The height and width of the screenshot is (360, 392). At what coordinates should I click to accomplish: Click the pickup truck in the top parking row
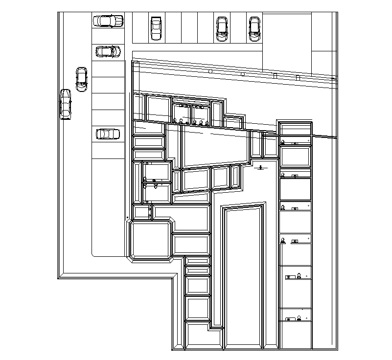(x=156, y=28)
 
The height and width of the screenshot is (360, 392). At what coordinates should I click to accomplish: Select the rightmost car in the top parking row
(x=254, y=29)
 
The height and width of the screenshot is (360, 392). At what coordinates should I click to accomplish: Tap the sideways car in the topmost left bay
(x=108, y=21)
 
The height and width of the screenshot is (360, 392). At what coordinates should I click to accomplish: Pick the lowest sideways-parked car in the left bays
(x=108, y=134)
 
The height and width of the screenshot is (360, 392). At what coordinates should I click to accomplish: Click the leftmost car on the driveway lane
(x=66, y=104)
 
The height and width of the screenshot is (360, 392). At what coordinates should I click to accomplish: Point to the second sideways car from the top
(x=108, y=51)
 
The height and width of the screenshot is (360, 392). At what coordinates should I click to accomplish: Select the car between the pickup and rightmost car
(x=222, y=29)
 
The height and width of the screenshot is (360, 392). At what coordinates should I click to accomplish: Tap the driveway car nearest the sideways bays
(x=81, y=79)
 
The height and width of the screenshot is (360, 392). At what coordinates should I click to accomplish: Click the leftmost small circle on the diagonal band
(x=210, y=71)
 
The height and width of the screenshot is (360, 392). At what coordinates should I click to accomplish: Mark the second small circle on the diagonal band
(x=242, y=74)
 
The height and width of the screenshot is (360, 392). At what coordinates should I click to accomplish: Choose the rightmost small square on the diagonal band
(x=298, y=77)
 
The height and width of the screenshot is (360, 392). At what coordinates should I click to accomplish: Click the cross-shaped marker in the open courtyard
(x=260, y=168)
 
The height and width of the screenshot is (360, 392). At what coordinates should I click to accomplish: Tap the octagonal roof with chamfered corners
(x=151, y=239)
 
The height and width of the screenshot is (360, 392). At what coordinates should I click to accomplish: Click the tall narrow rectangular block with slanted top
(x=243, y=276)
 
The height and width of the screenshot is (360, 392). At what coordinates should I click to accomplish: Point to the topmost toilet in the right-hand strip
(x=282, y=142)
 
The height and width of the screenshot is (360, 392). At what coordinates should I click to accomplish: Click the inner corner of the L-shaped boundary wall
(x=175, y=277)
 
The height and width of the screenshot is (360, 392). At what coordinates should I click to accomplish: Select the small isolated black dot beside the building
(x=127, y=217)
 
